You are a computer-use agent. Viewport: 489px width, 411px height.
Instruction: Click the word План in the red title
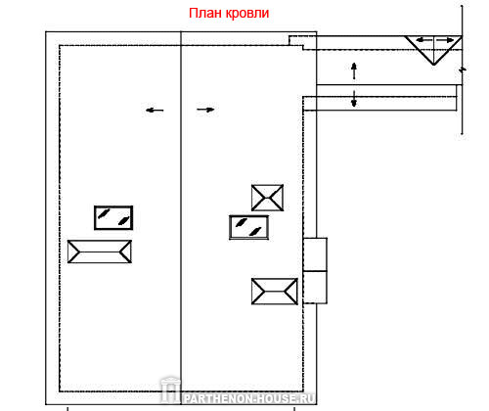click(x=205, y=13)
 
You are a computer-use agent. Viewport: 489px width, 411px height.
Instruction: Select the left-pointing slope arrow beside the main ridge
click(x=155, y=111)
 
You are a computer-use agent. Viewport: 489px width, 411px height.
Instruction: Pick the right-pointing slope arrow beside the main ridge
click(x=205, y=110)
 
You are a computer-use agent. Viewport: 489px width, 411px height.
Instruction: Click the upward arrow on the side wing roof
click(x=354, y=71)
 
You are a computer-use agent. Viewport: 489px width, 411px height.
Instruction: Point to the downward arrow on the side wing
click(x=354, y=99)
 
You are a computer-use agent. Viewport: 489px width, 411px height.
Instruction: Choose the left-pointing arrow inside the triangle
click(x=424, y=40)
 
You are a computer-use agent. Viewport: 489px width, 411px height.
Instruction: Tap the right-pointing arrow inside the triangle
click(x=445, y=40)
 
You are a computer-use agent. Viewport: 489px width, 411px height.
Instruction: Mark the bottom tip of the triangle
click(x=433, y=65)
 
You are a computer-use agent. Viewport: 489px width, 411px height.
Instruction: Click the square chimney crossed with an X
click(x=267, y=198)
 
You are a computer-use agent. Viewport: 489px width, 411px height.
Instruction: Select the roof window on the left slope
click(x=113, y=217)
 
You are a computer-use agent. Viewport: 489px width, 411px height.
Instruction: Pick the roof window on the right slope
click(x=249, y=227)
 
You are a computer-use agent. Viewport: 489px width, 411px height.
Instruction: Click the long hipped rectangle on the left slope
click(x=100, y=251)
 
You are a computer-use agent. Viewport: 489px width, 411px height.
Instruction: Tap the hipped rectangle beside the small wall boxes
click(x=275, y=292)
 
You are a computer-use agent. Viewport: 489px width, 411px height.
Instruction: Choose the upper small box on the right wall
click(x=315, y=254)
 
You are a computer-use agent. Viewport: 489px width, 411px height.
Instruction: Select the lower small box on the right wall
click(x=315, y=288)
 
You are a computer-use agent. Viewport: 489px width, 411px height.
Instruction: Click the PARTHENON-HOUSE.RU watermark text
click(x=249, y=398)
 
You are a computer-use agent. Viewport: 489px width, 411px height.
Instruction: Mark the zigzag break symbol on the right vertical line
click(x=463, y=69)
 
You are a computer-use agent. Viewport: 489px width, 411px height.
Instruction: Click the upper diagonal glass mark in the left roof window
click(x=104, y=213)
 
